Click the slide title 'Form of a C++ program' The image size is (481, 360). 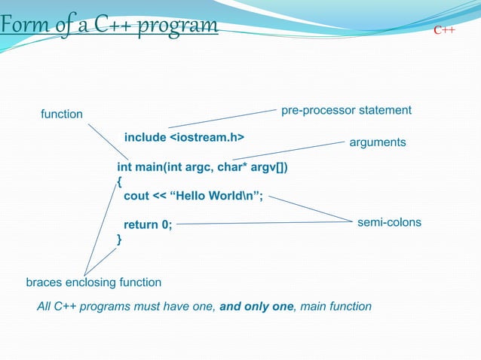pos(109,27)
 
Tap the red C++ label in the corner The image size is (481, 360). pos(443,31)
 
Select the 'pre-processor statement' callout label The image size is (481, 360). pos(346,111)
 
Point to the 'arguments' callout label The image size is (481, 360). pos(378,142)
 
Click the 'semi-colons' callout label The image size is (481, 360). pos(389,223)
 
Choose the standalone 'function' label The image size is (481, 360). pos(62,114)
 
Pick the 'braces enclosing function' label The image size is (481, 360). pos(93,282)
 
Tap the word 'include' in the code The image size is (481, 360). pos(145,137)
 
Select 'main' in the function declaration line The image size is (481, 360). pos(152,166)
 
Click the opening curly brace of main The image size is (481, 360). pos(119,182)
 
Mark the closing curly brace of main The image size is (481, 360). pos(119,239)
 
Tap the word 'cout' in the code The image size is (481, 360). pos(136,197)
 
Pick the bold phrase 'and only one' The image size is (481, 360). pos(256,307)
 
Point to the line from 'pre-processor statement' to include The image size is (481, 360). pos(222,118)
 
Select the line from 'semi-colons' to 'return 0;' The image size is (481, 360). pos(264,223)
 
